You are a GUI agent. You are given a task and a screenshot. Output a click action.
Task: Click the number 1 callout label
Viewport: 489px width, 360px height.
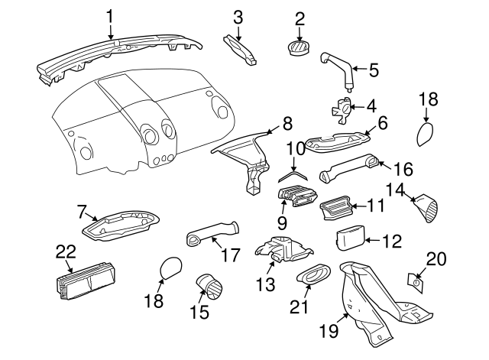pos(110,15)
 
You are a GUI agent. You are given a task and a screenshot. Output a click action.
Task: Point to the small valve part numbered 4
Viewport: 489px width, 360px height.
pos(342,110)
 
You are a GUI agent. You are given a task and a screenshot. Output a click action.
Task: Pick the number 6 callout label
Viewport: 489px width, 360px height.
pos(383,122)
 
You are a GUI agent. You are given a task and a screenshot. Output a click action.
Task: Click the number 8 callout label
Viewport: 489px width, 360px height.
pos(287,122)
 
